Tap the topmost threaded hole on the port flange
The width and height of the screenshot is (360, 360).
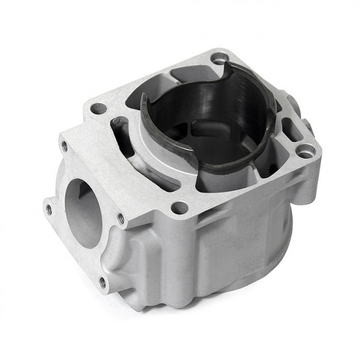click(x=64, y=146)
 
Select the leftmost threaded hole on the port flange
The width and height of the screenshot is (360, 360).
click(x=49, y=208)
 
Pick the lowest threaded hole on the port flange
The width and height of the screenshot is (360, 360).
click(x=103, y=282)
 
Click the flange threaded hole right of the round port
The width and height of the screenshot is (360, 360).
click(x=121, y=218)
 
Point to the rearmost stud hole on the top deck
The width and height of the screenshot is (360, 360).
click(x=219, y=59)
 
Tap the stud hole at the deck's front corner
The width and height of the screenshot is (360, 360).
click(x=179, y=208)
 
